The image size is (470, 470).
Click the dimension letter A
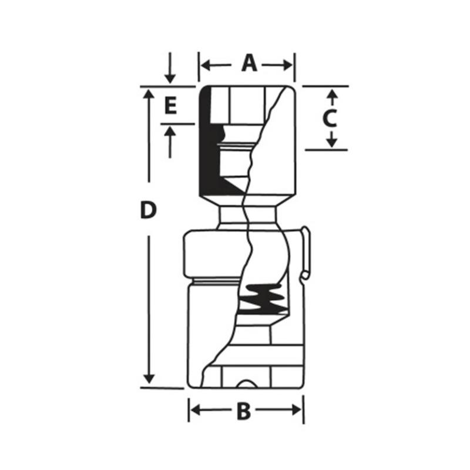250,63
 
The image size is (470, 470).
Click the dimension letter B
243,411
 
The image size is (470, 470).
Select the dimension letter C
330,118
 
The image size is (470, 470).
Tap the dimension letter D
150,210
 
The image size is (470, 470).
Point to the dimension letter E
170,106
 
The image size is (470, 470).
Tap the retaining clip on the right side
305,253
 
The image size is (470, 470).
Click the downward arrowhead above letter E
170,78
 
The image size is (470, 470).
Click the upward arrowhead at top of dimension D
150,95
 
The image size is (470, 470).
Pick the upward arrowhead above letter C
331,94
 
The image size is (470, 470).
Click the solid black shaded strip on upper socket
207,147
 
